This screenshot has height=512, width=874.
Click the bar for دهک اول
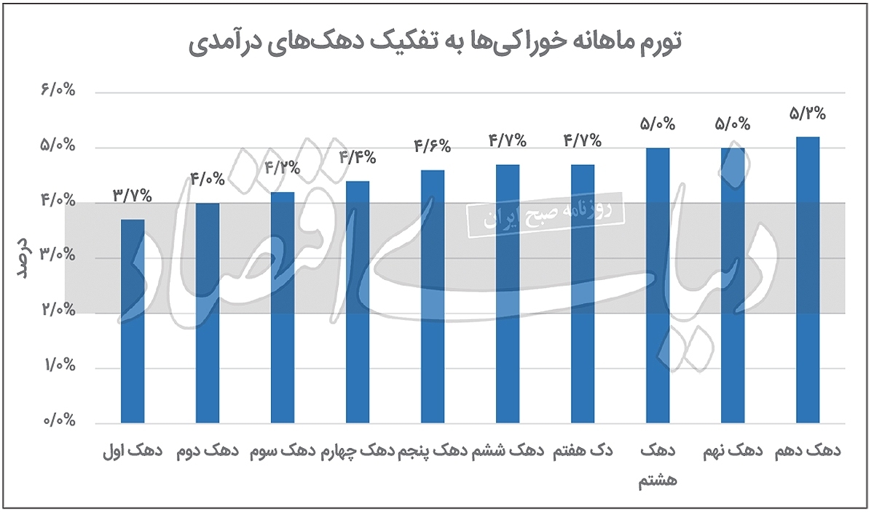click(133, 321)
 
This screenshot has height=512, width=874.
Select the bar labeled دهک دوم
click(208, 313)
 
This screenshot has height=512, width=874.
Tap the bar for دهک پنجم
click(433, 296)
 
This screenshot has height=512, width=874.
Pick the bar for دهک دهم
click(808, 279)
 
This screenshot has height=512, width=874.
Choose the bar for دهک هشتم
click(658, 285)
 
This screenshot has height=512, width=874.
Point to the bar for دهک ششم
click(508, 293)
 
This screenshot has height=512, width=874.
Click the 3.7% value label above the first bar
click(132, 195)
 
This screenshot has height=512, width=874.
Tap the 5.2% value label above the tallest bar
click(807, 113)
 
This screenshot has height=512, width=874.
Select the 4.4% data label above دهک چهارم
click(357, 157)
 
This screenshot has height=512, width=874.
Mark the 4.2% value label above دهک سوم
click(282, 168)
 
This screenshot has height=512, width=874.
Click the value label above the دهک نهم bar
click(732, 124)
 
